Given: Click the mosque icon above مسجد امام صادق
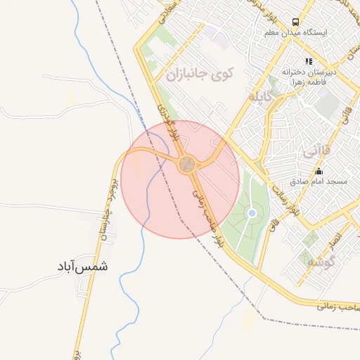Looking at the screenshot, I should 319,171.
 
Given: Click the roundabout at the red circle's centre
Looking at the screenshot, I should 187,165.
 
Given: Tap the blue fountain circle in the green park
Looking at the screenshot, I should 252,213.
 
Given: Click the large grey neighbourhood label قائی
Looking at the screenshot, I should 314,151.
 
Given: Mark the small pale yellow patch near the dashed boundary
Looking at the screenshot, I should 248,320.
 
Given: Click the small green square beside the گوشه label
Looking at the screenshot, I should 307,257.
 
